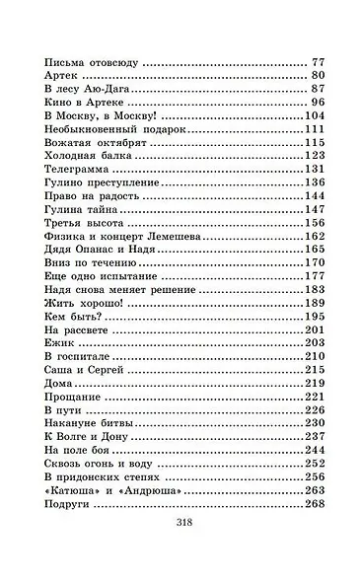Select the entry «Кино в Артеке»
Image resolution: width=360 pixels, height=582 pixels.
(89, 102)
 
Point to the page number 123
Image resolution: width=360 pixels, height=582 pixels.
(315, 156)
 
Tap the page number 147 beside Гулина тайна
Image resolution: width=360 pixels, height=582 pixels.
(315, 209)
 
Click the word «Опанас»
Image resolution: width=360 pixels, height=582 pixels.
(96, 250)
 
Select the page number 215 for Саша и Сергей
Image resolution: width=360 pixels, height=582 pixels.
(315, 370)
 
